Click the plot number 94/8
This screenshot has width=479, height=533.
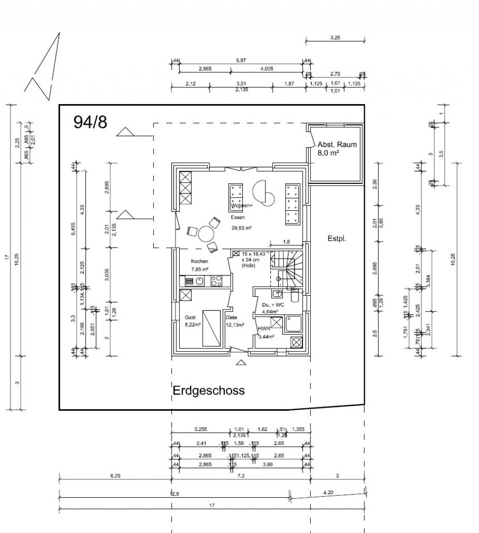click(x=90, y=122)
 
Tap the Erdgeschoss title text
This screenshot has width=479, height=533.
click(x=208, y=390)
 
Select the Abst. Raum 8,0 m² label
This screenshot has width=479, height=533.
click(x=337, y=148)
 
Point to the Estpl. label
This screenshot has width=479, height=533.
click(x=337, y=238)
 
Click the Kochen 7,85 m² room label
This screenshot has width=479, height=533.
click(x=199, y=265)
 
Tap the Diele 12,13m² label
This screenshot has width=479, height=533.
click(x=235, y=321)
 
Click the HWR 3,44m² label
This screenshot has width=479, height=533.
click(x=266, y=332)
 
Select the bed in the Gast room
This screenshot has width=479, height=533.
click(x=212, y=328)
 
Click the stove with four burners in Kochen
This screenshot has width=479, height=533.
click(x=216, y=281)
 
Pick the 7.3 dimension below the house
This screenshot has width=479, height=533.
click(x=241, y=476)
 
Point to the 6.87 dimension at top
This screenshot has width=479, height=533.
click(x=241, y=60)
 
